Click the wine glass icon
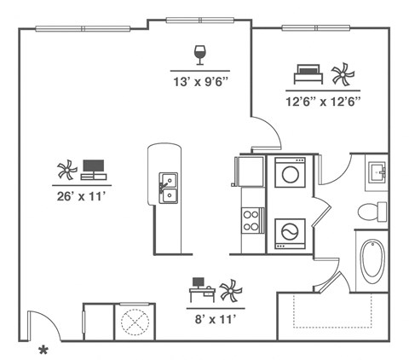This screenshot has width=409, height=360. (200, 55)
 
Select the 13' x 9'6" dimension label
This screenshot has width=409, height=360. (200, 82)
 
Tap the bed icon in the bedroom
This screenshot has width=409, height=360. (306, 74)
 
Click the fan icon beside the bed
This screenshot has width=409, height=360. (341, 74)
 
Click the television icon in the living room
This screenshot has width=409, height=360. (94, 169)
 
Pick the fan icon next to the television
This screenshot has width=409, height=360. (66, 169)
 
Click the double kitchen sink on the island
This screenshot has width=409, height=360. (168, 189)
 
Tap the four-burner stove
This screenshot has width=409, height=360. (252, 220)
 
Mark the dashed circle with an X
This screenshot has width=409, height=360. (132, 322)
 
